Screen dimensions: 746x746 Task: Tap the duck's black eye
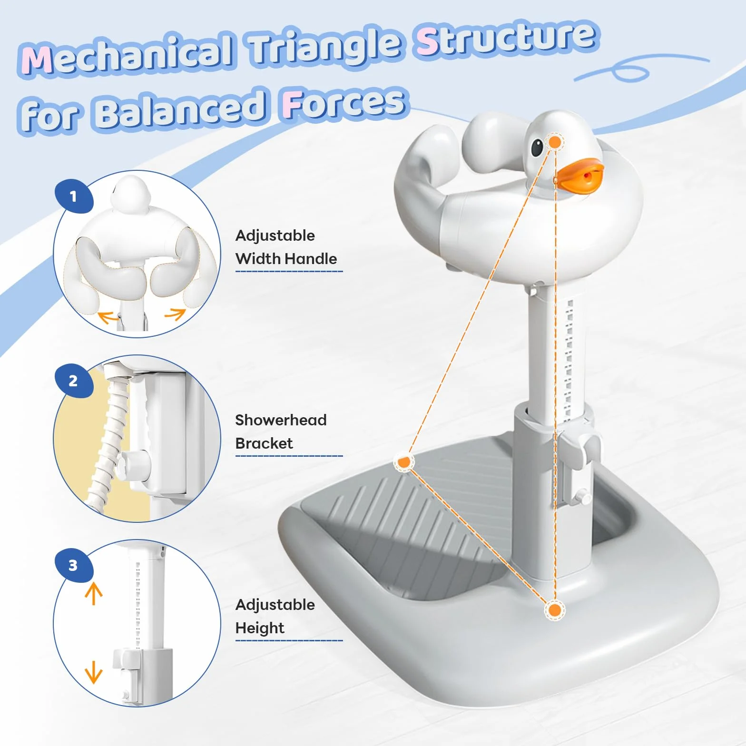(537, 147)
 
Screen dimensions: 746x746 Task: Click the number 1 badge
(74, 196)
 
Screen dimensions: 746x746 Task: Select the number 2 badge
(74, 381)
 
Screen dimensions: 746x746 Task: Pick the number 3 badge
(74, 565)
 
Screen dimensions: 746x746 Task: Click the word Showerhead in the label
(281, 420)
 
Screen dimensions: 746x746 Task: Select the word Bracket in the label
(264, 443)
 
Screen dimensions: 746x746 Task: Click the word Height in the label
(260, 628)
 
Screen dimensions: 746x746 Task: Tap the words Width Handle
(286, 259)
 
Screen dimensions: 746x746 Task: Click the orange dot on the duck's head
(555, 142)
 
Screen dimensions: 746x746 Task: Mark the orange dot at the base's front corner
(554, 610)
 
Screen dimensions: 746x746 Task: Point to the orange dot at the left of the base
(404, 462)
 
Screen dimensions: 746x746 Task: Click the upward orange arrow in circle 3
(94, 594)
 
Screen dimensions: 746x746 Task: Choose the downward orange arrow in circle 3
(94, 672)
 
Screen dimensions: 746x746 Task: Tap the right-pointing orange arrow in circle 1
(175, 314)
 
